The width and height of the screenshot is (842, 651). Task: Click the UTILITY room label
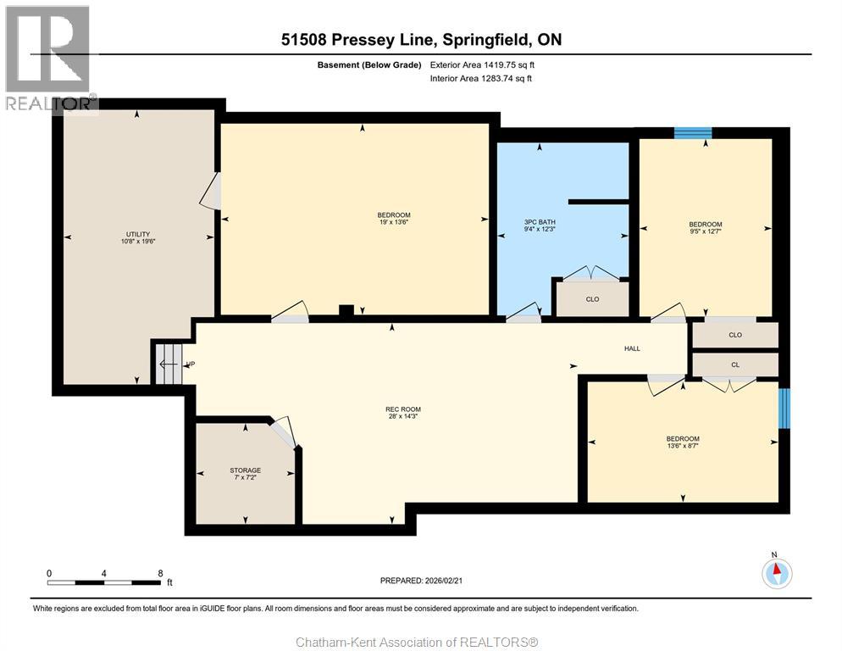(138, 235)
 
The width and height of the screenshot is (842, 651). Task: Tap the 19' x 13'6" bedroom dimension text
(394, 222)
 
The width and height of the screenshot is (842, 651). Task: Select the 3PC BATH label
(540, 222)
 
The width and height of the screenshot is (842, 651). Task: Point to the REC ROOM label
(403, 409)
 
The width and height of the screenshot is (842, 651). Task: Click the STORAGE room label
(246, 470)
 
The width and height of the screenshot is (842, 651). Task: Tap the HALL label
(632, 348)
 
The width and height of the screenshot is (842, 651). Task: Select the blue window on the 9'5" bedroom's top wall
(693, 133)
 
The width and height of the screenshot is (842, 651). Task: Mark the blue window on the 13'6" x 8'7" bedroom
(784, 409)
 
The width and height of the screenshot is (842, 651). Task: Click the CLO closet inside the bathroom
(592, 299)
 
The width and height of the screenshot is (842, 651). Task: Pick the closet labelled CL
(735, 364)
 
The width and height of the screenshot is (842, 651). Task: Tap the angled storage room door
(283, 432)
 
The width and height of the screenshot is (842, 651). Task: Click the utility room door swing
(210, 191)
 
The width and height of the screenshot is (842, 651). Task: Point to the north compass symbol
(777, 573)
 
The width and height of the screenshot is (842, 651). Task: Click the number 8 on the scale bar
(160, 574)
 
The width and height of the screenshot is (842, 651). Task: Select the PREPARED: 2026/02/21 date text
(421, 581)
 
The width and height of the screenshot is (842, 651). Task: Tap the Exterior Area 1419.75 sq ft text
(482, 65)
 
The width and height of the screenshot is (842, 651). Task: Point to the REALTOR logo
(49, 58)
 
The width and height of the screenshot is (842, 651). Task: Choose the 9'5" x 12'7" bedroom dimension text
(706, 231)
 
